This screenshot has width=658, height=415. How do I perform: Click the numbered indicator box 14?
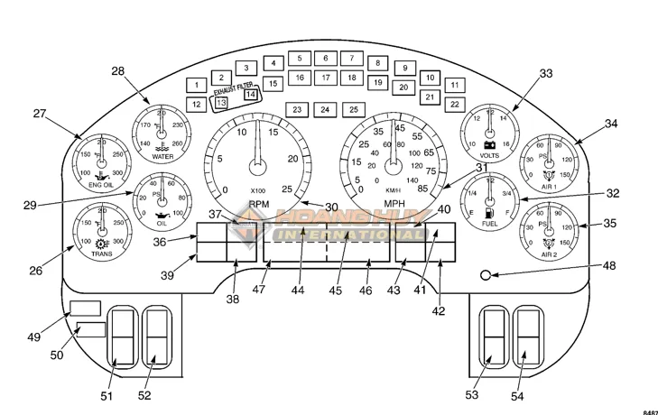251,94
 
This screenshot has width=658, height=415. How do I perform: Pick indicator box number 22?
455,104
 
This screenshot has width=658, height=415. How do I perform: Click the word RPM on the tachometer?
259,203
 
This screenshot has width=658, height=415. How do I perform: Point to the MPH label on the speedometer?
394,203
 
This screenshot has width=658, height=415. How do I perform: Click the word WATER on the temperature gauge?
162,156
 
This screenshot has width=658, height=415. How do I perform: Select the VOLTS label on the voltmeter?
490,154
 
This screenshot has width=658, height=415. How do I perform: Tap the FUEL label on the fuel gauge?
489,223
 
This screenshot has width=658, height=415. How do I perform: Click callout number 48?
609,266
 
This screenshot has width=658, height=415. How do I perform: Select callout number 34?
612,124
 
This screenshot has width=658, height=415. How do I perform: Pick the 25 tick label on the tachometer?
286,189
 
